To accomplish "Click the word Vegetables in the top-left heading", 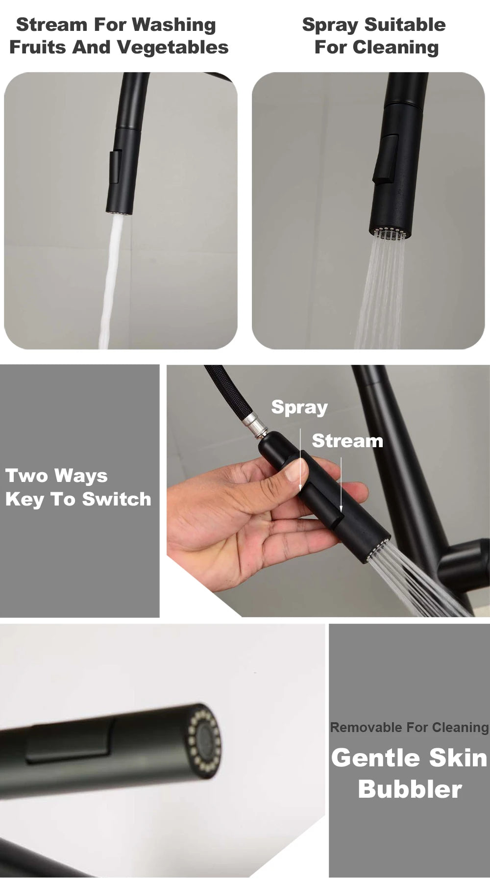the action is click(173, 47).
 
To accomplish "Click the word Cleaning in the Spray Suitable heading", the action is click(396, 48).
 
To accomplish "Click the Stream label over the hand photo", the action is click(347, 441).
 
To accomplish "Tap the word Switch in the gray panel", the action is click(117, 499).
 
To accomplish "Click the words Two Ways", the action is click(56, 476).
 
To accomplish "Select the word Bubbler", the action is click(410, 789).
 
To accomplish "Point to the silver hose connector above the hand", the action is click(257, 424).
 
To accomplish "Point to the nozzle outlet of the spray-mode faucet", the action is click(388, 232).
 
